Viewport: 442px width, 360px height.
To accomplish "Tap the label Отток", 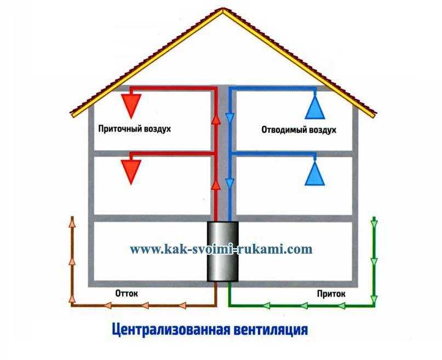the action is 127,293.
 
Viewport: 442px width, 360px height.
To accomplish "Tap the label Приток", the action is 331,294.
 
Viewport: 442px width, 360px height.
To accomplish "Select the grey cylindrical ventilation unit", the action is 223,252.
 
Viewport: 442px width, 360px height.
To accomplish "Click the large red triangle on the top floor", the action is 131,105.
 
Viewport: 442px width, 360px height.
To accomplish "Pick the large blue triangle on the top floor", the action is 315,107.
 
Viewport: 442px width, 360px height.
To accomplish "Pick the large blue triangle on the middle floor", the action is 315,173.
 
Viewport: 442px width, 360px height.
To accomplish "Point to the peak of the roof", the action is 223,9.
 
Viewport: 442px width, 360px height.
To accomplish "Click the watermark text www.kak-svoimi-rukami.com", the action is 221,249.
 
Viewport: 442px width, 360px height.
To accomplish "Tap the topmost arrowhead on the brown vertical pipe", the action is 73,222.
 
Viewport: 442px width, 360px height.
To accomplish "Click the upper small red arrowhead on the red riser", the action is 216,119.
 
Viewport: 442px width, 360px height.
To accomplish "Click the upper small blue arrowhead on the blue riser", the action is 229,118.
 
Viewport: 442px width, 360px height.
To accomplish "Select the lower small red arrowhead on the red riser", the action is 216,185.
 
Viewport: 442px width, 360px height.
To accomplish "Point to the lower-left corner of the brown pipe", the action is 73,305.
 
